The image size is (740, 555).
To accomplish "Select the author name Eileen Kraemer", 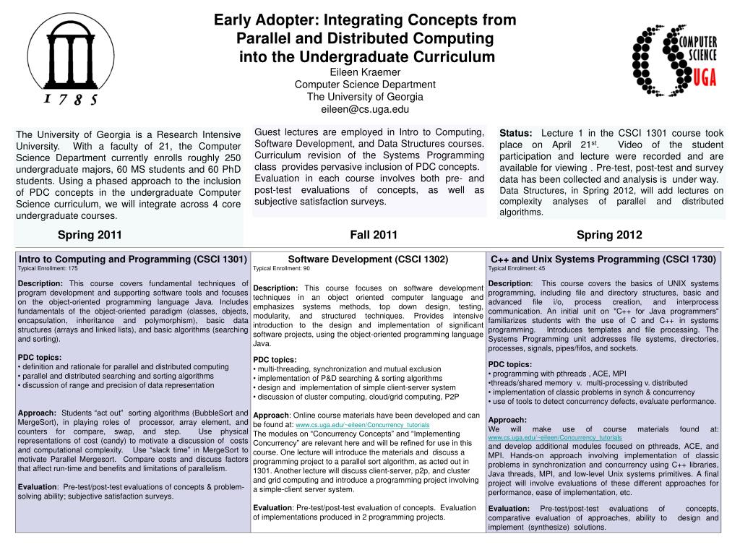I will click(x=365, y=72).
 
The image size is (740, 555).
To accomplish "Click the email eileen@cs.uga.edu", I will click(x=365, y=109).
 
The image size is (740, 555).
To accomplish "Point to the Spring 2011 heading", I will click(x=90, y=234).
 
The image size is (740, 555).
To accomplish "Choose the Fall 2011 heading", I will click(x=374, y=234).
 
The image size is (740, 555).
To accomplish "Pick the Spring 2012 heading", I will click(x=609, y=234).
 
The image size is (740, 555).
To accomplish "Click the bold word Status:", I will click(x=516, y=134).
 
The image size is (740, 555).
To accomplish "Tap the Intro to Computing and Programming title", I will click(x=133, y=259).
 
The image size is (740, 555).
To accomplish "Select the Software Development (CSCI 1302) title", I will click(x=369, y=259).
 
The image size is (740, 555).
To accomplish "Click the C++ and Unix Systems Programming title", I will click(x=603, y=259).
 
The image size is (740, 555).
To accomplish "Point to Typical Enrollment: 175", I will click(x=48, y=268).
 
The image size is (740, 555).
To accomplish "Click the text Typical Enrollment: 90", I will click(x=282, y=268).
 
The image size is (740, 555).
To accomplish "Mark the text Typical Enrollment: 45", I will click(x=517, y=268).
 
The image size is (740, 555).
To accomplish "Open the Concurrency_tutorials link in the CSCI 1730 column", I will click(x=555, y=438).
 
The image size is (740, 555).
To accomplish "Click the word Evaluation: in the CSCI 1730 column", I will click(x=509, y=509).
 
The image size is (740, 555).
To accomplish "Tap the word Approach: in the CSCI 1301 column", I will click(x=37, y=413).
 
